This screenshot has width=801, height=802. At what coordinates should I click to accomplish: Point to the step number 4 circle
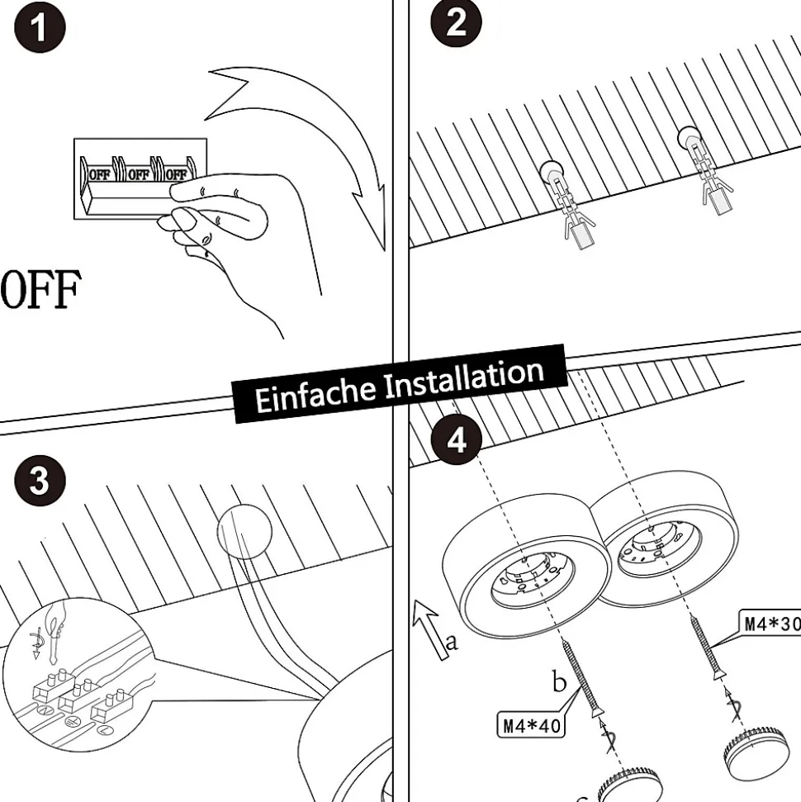(x=456, y=441)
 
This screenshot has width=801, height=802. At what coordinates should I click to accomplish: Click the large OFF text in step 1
(x=40, y=292)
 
